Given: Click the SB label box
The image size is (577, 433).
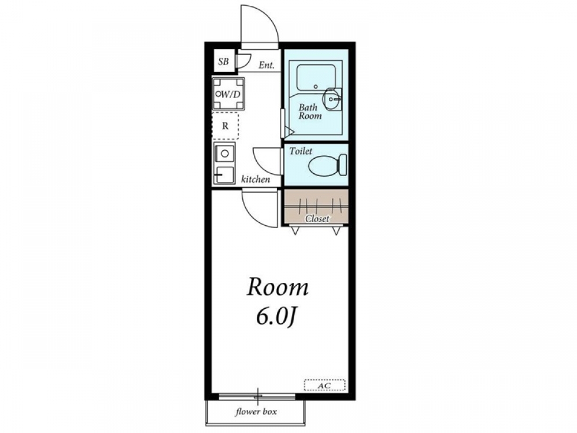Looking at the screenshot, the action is (x=224, y=61).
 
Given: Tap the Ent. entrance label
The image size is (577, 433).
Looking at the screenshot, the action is (x=267, y=66).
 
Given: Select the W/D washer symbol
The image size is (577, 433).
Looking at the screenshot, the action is (x=228, y=94).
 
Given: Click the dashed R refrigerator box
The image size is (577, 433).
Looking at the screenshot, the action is (x=225, y=126).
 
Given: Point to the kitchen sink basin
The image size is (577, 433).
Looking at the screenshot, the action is (x=224, y=153).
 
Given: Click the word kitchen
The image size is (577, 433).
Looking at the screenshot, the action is (x=256, y=180).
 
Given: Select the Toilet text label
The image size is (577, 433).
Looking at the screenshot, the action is (x=300, y=151).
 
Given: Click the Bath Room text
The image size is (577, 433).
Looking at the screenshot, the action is (x=310, y=111).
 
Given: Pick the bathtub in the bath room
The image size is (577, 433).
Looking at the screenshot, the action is (x=316, y=78).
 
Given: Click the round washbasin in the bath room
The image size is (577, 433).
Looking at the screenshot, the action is (x=332, y=99).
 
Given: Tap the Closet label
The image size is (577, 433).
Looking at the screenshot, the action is (x=317, y=219).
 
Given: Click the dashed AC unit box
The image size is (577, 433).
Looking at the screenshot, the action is (x=324, y=385).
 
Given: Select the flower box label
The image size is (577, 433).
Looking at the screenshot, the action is (x=256, y=412).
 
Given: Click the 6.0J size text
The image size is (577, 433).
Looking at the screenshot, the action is (x=276, y=317).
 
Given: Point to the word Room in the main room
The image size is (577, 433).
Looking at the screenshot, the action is (x=278, y=287).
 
